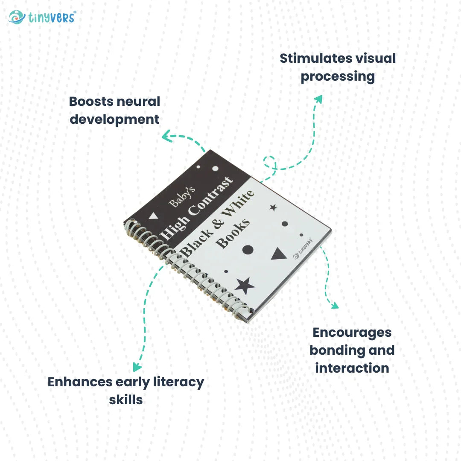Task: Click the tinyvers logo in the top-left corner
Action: click(42, 17)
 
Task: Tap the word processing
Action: click(338, 77)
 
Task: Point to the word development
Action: click(114, 119)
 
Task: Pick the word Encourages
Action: click(352, 332)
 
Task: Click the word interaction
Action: click(352, 368)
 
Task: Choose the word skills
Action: click(125, 400)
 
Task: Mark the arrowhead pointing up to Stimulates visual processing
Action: click(318, 99)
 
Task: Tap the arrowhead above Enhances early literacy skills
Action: click(137, 367)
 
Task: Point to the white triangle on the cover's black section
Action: click(153, 216)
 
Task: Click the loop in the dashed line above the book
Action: click(270, 162)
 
